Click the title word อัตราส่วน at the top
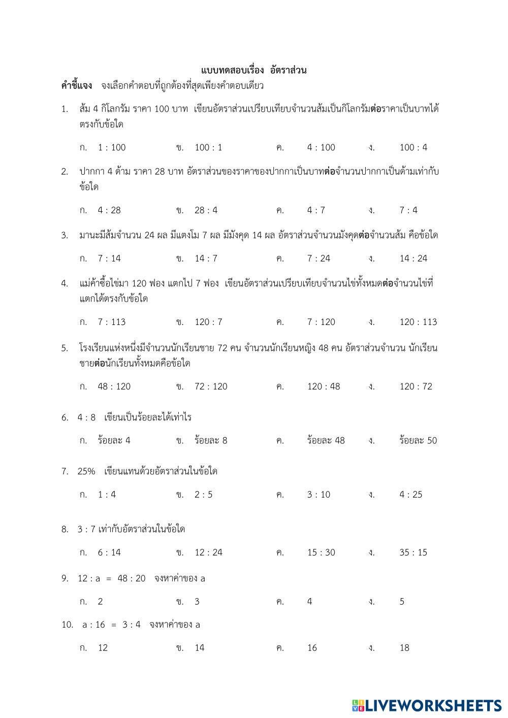pos(289,70)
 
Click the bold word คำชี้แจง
pos(77,85)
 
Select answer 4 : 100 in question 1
pos(321,148)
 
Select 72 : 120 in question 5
pos(211,386)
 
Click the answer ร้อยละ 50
pos(418,441)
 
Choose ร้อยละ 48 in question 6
pos(326,441)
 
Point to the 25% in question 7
pos(86,471)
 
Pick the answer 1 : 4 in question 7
pos(107,495)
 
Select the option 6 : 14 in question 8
pos(109,552)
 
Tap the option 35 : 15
pos(414,552)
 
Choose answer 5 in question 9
pos(402,602)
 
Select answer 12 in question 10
pos(103,648)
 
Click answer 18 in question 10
pos(404,648)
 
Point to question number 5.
pos(65,348)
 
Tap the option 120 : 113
pos(418,322)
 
